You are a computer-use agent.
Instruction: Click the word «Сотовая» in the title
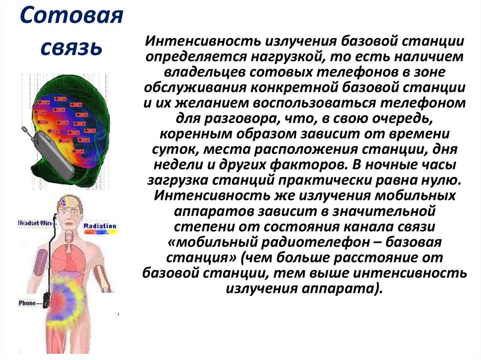click(x=72, y=18)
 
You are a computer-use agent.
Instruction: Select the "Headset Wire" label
click(x=34, y=222)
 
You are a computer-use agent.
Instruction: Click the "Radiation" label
click(x=100, y=226)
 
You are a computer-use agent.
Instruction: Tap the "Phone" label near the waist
click(x=27, y=303)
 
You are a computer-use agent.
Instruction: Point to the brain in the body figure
click(x=65, y=202)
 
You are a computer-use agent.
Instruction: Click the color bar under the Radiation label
click(x=100, y=232)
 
